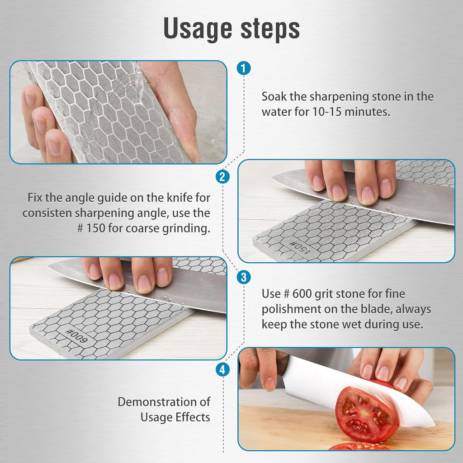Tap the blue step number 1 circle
[x=243, y=69]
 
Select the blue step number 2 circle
[x=222, y=177]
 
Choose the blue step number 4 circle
[x=222, y=370]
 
